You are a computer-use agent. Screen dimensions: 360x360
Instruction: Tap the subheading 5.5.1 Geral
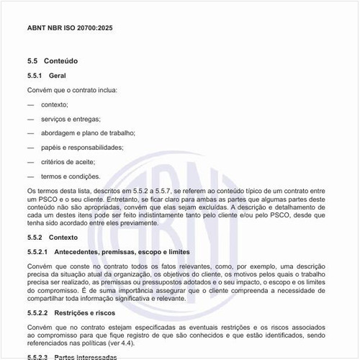click(x=46, y=76)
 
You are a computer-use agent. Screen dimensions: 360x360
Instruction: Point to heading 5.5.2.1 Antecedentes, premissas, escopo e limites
click(x=109, y=252)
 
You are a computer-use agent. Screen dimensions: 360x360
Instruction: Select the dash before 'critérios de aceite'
click(x=31, y=161)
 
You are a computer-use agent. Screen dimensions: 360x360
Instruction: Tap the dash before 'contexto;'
click(x=31, y=104)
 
